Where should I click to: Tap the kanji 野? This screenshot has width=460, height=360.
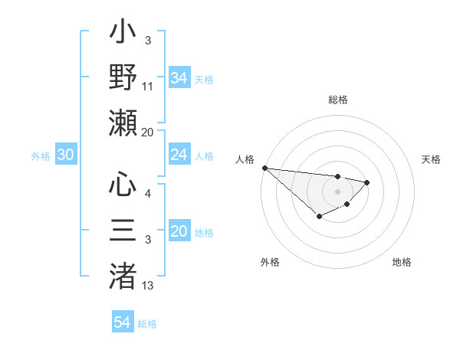click(x=124, y=78)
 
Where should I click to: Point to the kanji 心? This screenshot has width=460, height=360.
click(x=124, y=185)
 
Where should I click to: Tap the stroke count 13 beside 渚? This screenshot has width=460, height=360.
click(x=148, y=285)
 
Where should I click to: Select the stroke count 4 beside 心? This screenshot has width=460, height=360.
click(x=147, y=193)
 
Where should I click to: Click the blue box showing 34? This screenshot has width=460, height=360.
click(x=179, y=78)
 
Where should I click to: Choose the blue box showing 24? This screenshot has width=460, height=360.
click(x=179, y=155)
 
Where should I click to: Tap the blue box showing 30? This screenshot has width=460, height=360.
click(x=66, y=155)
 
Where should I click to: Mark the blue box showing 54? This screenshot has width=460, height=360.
click(x=123, y=322)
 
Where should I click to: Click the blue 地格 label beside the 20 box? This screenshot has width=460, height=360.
click(x=204, y=233)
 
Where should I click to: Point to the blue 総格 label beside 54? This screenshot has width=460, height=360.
click(x=148, y=324)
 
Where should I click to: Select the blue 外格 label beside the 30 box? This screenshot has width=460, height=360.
click(x=41, y=156)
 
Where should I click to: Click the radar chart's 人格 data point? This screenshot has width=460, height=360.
click(x=264, y=168)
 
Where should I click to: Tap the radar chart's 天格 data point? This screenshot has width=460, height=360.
click(x=367, y=182)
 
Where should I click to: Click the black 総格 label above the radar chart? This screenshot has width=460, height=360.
click(x=337, y=100)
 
